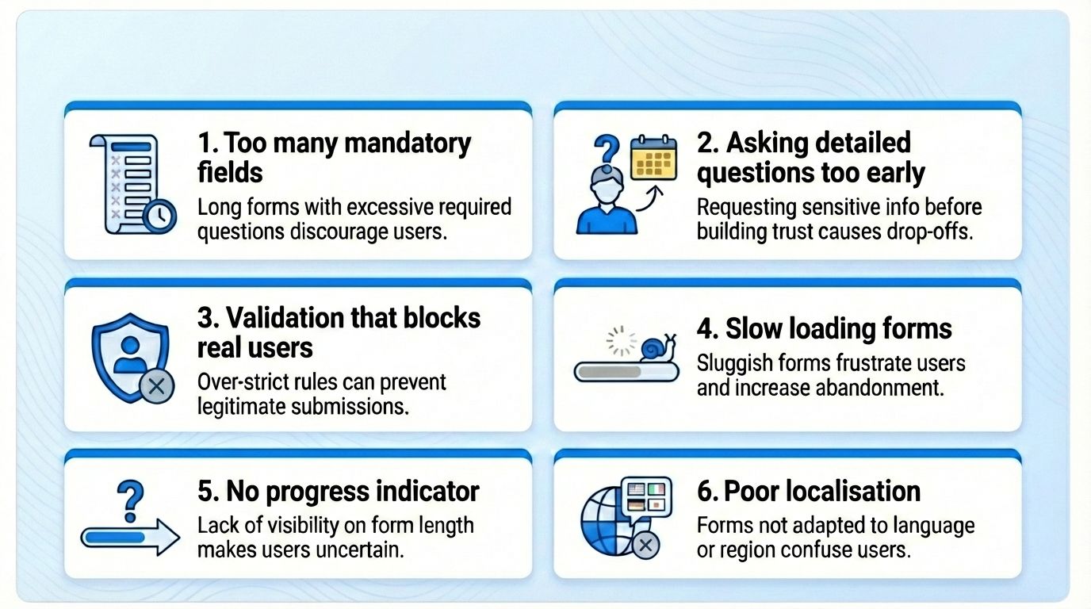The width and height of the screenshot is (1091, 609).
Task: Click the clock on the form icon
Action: [x=159, y=216]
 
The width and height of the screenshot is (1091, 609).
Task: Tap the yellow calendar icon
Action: [x=653, y=158]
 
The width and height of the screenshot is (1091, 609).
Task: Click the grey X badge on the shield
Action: [x=156, y=387]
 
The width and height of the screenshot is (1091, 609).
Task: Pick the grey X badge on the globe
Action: [x=646, y=545]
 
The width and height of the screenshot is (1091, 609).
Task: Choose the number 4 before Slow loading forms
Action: [x=706, y=329]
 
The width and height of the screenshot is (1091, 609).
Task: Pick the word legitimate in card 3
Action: [x=242, y=407]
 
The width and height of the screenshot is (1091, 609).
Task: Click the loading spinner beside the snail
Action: [x=622, y=340]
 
